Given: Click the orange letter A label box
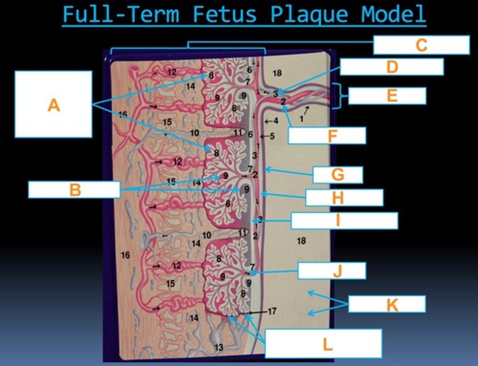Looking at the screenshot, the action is [53, 104].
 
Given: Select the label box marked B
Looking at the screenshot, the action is [74, 189].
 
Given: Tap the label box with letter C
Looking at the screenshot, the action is [422, 45].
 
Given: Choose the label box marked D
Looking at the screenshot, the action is [392, 67].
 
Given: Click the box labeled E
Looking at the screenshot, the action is [387, 96].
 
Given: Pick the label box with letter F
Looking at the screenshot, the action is [327, 135].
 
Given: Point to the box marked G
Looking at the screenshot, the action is [338, 175].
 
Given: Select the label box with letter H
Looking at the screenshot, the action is [344, 198].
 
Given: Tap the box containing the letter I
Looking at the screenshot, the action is [345, 221].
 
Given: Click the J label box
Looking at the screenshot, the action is [332, 271].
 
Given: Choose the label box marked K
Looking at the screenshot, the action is [387, 304].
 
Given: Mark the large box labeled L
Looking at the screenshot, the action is [323, 343].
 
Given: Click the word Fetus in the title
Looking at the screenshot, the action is [225, 14].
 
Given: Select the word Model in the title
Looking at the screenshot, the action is [393, 14].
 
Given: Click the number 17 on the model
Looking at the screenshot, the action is [272, 311].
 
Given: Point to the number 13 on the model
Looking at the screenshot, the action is [219, 347].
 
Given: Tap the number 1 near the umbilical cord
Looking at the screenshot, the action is [301, 119].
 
